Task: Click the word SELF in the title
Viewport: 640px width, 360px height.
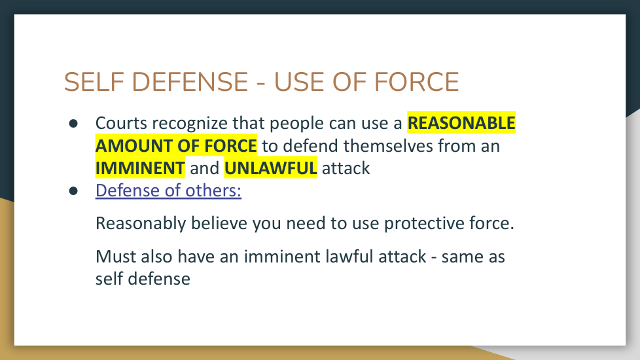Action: (x=94, y=82)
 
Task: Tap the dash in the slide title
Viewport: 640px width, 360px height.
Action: (x=261, y=84)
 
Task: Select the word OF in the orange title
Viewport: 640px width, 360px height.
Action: (x=350, y=82)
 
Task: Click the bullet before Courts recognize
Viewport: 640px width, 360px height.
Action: (x=73, y=123)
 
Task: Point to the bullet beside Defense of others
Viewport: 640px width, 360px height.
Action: (x=73, y=190)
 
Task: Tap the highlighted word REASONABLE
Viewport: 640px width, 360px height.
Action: (x=461, y=123)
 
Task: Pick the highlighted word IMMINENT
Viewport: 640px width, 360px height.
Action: (x=140, y=168)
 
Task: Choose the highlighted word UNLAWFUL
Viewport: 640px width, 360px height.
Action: (x=271, y=168)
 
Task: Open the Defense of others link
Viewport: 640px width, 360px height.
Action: (x=168, y=190)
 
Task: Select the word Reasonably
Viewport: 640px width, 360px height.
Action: (x=141, y=224)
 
